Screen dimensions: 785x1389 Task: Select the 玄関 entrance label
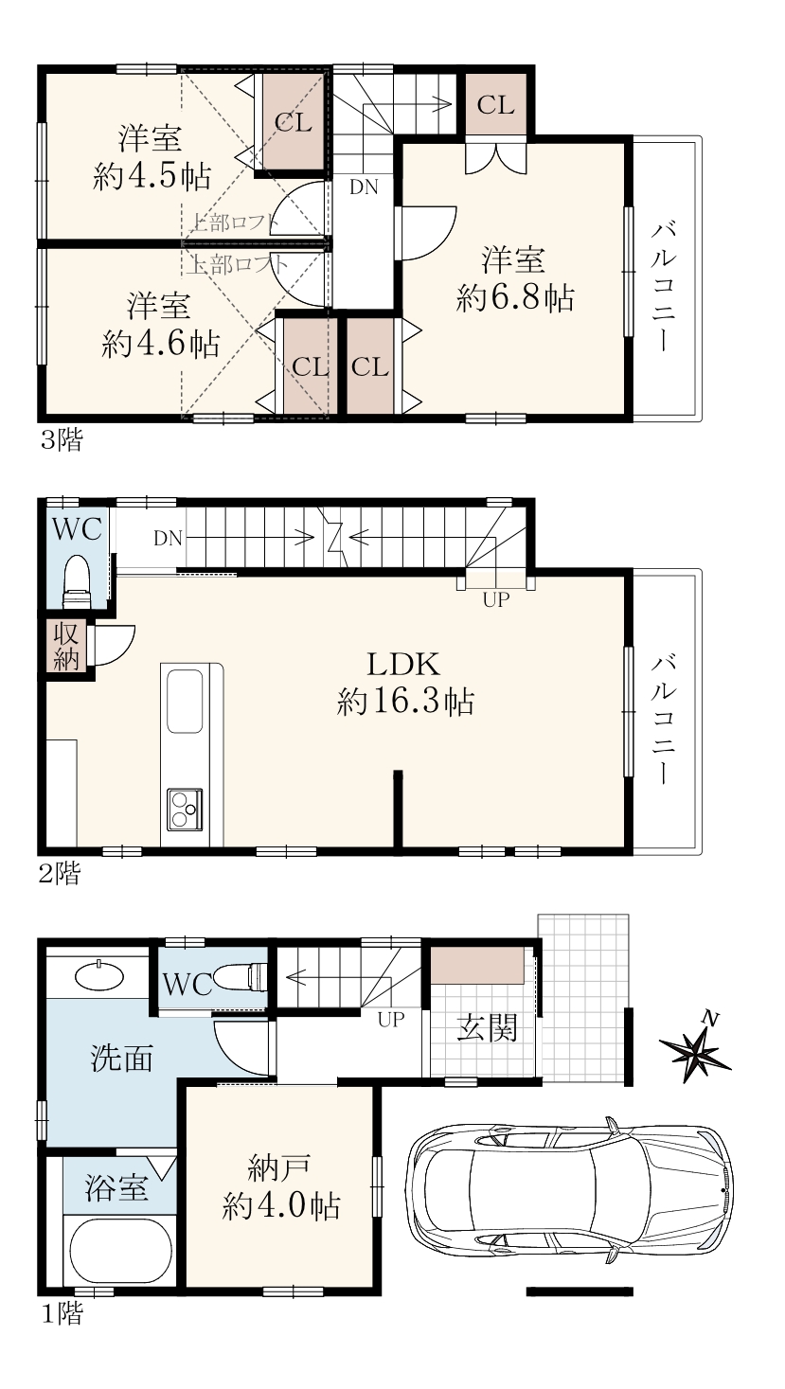487,1030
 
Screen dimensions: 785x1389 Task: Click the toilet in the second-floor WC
78,583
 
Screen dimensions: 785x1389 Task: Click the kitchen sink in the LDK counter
184,701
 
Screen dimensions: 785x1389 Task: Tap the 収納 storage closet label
66,646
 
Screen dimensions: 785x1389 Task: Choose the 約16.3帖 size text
405,703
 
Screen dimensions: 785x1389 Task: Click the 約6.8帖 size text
514,297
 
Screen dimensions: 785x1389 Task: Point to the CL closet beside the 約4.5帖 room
294,123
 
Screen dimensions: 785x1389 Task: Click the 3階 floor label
62,441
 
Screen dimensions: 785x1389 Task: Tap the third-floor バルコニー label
662,289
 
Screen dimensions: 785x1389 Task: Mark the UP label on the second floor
495,599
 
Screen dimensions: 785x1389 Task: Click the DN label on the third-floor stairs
364,187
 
